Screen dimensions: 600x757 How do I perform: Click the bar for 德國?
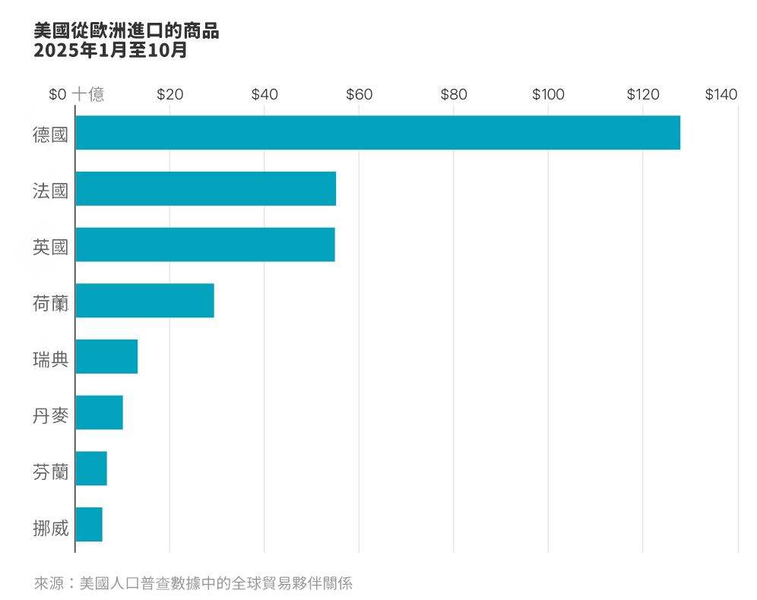pyautogui.click(x=378, y=133)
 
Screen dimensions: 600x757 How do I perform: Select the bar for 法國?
pyautogui.click(x=206, y=189)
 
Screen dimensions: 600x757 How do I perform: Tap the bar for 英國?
pyautogui.click(x=205, y=245)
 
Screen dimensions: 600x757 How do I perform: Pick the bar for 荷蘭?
pyautogui.click(x=144, y=301)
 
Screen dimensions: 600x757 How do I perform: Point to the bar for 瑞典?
pyautogui.click(x=106, y=357)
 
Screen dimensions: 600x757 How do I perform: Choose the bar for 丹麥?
pyautogui.click(x=99, y=413)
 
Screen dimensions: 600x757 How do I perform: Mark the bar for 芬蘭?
pyautogui.click(x=91, y=469)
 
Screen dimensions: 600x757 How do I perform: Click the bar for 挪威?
pyautogui.click(x=89, y=525)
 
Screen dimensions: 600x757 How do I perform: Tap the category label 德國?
pyautogui.click(x=50, y=135)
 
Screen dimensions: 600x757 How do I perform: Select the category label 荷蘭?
pyautogui.click(x=50, y=304)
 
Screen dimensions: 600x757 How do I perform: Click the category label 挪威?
pyautogui.click(x=50, y=528)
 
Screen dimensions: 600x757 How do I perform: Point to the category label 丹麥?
pyautogui.click(x=50, y=415)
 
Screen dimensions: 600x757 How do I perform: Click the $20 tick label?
pyautogui.click(x=169, y=95)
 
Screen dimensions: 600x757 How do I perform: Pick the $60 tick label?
pyautogui.click(x=359, y=95)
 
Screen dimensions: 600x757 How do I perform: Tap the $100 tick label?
pyautogui.click(x=548, y=95)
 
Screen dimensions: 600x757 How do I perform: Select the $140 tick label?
pyautogui.click(x=721, y=95)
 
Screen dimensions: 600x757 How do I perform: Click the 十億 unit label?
pyautogui.click(x=88, y=95)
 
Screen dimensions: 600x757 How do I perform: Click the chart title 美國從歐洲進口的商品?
pyautogui.click(x=126, y=31)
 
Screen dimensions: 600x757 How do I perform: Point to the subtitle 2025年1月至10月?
pyautogui.click(x=110, y=51)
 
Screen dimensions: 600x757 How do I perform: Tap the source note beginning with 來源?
pyautogui.click(x=193, y=583)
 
